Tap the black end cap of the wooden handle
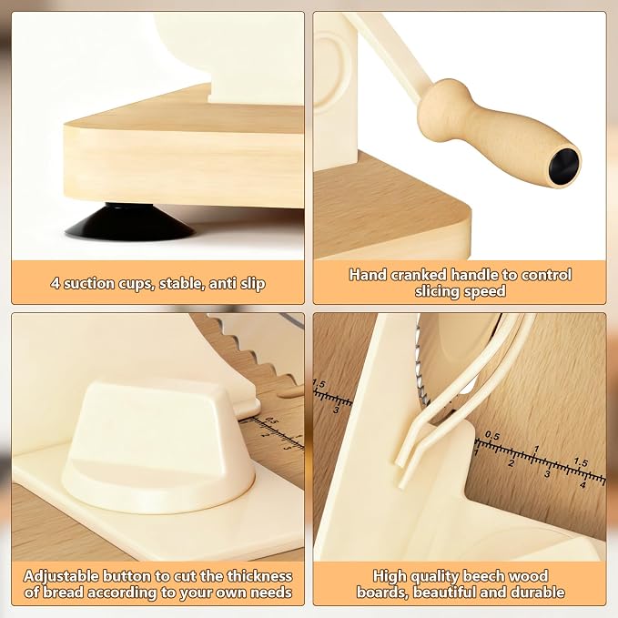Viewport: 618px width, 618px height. tap(564, 166)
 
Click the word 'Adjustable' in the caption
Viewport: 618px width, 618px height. tap(61, 577)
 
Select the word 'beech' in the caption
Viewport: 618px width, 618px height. tap(484, 576)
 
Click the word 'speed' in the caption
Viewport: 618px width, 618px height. tap(487, 291)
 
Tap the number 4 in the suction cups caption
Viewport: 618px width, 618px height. tap(55, 283)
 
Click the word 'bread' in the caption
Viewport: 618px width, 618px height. tap(62, 593)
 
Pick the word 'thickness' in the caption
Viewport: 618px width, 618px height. tap(259, 576)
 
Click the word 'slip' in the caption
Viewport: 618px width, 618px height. tap(252, 284)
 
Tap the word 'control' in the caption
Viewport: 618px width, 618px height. tap(546, 275)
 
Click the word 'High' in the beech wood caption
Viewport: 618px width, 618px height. tap(390, 577)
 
